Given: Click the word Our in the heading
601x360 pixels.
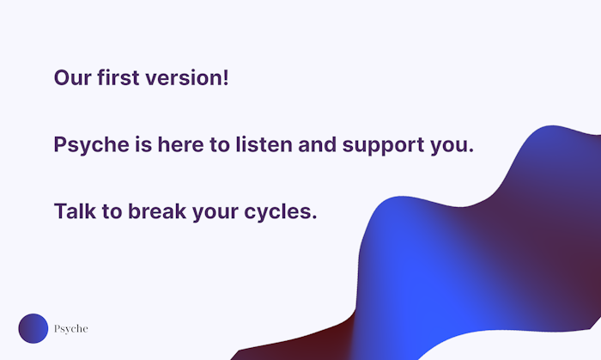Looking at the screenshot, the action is pyautogui.click(x=72, y=78).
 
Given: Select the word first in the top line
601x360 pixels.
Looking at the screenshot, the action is pyautogui.click(x=118, y=77).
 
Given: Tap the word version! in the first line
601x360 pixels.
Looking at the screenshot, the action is pyautogui.click(x=187, y=78).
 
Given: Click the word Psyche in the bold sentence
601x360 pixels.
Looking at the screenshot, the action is pyautogui.click(x=92, y=146).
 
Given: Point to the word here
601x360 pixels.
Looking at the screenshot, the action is pyautogui.click(x=180, y=144).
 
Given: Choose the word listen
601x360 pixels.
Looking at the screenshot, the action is pyautogui.click(x=264, y=144).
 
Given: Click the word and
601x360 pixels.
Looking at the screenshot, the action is pyautogui.click(x=318, y=144).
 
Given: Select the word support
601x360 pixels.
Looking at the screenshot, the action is pyautogui.click(x=383, y=146).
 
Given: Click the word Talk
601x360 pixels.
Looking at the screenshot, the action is pyautogui.click(x=75, y=211).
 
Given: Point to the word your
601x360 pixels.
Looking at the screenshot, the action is pyautogui.click(x=215, y=213).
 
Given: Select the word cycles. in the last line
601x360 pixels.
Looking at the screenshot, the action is pyautogui.click(x=281, y=212).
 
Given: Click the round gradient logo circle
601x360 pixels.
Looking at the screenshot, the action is pyautogui.click(x=33, y=328).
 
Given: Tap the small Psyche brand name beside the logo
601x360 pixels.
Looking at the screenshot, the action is pyautogui.click(x=71, y=329).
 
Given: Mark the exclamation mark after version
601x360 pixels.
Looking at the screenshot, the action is pyautogui.click(x=226, y=77).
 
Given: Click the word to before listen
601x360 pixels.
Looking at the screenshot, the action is pyautogui.click(x=220, y=145).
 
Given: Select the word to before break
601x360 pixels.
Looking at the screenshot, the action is pyautogui.click(x=112, y=212).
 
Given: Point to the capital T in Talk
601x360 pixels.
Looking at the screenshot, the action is pyautogui.click(x=61, y=211).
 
